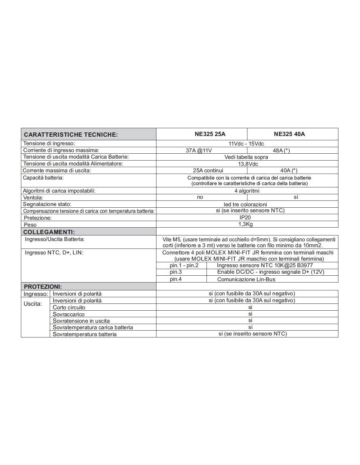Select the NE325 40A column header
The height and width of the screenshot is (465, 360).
point(289,134)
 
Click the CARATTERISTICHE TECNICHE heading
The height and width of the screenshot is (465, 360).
point(71,135)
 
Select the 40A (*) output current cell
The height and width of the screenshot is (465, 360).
point(289,170)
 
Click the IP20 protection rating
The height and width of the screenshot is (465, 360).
point(245,217)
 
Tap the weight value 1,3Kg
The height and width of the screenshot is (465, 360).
point(245,224)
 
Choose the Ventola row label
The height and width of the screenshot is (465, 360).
point(33,198)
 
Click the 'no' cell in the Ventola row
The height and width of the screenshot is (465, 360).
point(200,197)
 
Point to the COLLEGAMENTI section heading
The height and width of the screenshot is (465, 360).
point(49,232)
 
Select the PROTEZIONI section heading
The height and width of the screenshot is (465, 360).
point(43,287)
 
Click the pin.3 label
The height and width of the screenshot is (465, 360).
point(176,272)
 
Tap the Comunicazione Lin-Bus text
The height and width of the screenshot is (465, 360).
point(246,279)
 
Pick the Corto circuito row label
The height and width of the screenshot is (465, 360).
point(69,308)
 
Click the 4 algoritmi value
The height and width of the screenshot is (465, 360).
point(247,191)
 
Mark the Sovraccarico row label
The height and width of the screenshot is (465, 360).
point(69,314)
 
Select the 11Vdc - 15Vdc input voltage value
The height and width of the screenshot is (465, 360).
point(246,144)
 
